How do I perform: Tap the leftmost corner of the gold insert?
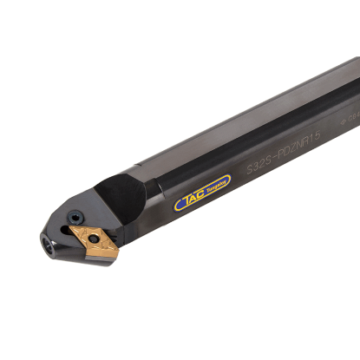(x=69, y=233)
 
